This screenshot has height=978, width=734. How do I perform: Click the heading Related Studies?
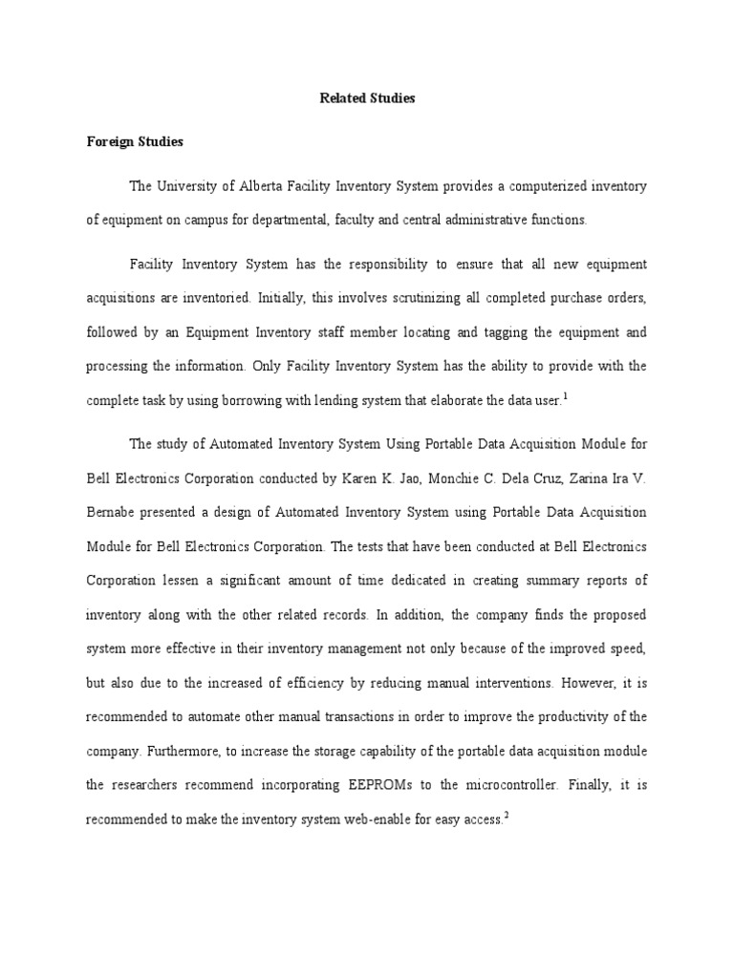tap(367, 98)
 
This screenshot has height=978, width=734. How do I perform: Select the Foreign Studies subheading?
tap(135, 142)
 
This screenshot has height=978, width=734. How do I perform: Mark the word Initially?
tap(287, 297)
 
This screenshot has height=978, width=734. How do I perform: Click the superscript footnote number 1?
tap(566, 396)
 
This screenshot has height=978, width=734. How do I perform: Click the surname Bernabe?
tap(113, 513)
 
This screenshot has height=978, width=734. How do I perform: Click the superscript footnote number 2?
tap(506, 817)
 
